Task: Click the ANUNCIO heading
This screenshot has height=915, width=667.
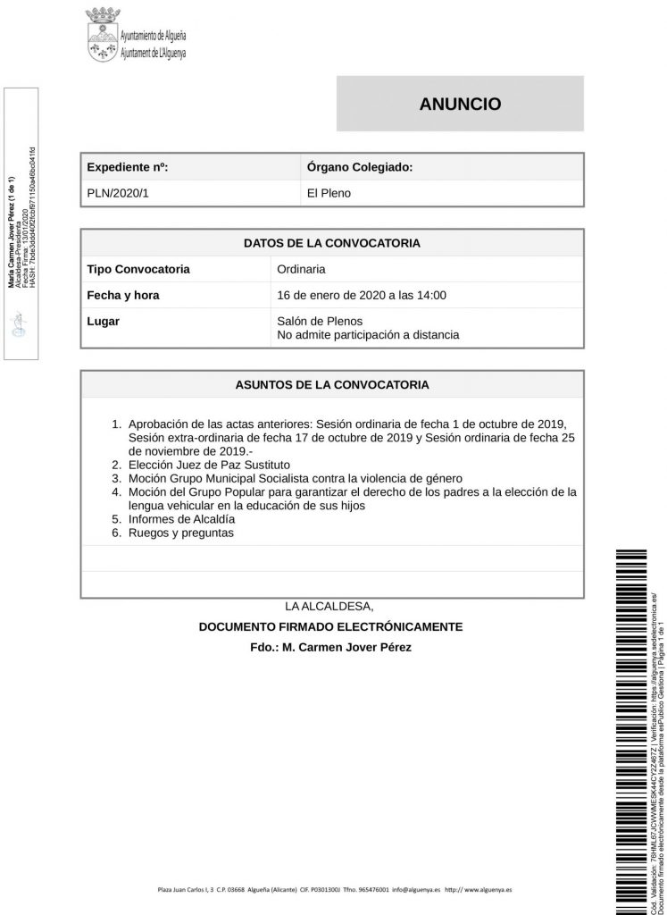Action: [x=460, y=104]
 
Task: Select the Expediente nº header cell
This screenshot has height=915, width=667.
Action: [x=128, y=167]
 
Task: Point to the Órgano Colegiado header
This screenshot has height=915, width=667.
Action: [x=358, y=167]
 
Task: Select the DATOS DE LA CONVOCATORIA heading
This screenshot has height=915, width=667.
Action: [x=331, y=242]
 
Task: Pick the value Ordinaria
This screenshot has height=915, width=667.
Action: [x=301, y=269]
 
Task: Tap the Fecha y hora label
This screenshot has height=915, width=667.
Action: [x=123, y=295]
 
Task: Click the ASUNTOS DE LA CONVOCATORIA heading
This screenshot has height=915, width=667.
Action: [x=331, y=386]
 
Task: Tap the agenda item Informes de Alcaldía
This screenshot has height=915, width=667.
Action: [x=182, y=519]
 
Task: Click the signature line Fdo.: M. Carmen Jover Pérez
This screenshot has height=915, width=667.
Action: [x=331, y=647]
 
